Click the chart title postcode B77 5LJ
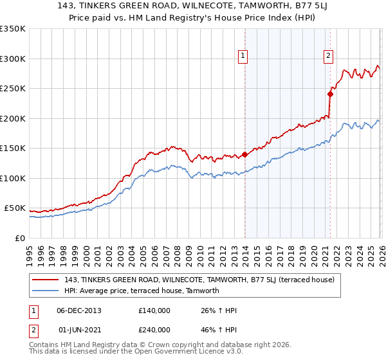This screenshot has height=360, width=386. point(282,6)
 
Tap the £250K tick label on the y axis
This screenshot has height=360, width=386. point(13,88)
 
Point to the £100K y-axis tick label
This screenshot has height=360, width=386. point(13,178)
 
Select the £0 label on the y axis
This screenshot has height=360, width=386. point(20,238)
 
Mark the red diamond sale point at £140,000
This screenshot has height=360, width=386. point(244,154)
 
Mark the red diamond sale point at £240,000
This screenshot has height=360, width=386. point(330,94)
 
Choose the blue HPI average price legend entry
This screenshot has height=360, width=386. point(142,291)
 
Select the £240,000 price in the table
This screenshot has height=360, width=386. point(154,329)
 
